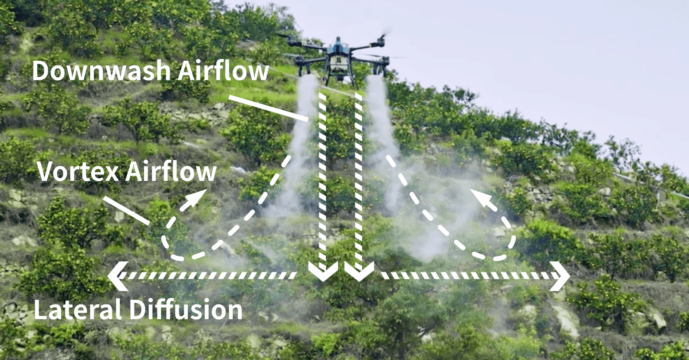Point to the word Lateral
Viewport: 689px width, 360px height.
77,310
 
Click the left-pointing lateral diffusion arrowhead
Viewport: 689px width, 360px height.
116,275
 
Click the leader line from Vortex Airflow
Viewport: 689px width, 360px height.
126,210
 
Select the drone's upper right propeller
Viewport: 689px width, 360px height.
381,39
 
